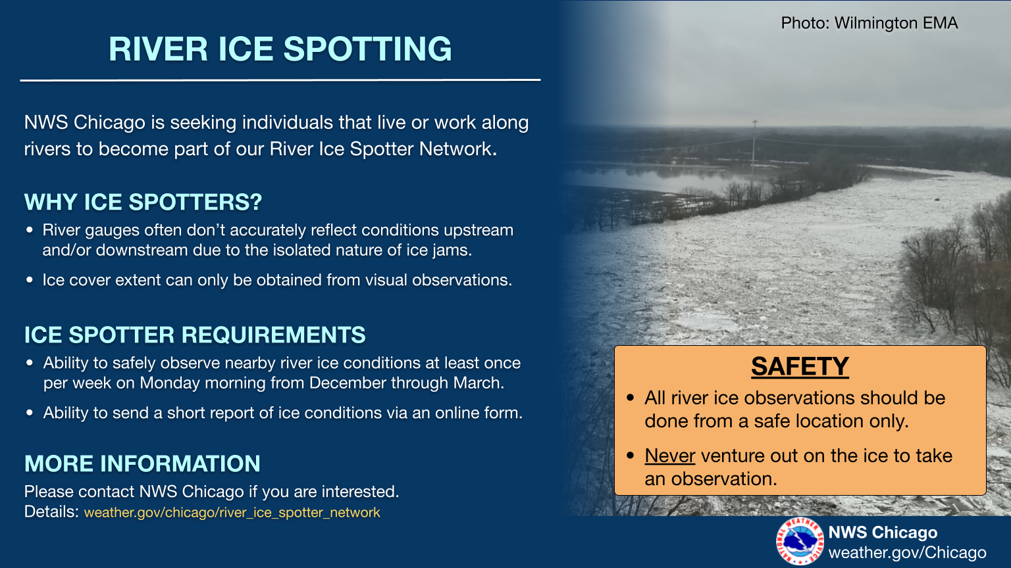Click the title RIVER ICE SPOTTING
[x=280, y=49]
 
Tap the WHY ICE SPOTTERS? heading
[x=143, y=202]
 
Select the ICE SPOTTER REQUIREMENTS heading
[x=195, y=335]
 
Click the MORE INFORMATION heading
[x=142, y=463]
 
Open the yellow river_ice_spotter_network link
[x=232, y=513]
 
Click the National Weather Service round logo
[x=800, y=541]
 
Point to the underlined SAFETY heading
[x=800, y=366]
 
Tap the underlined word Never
[x=670, y=456]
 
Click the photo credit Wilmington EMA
[x=896, y=23]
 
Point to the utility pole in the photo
[x=754, y=147]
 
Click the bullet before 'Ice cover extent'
[x=30, y=280]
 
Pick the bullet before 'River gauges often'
[x=30, y=230]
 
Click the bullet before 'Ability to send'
[x=30, y=412]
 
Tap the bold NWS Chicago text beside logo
[x=883, y=532]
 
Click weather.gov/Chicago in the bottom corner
[x=907, y=553]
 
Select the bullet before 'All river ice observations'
[x=631, y=398]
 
